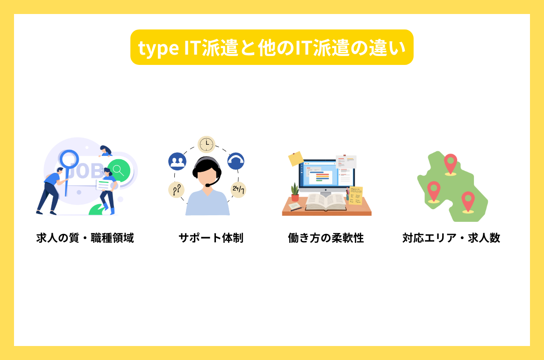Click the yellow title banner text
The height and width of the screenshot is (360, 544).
(272, 48)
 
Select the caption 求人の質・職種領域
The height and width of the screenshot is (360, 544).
(85, 238)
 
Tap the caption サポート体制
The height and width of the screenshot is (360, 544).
(211, 238)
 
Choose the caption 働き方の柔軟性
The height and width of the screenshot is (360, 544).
(326, 238)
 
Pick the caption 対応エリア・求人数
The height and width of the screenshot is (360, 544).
(451, 238)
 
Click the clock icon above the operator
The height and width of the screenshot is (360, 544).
(206, 144)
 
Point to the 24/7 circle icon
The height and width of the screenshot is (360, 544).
(238, 190)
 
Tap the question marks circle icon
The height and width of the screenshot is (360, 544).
(176, 190)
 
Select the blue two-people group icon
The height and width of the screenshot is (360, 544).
(177, 161)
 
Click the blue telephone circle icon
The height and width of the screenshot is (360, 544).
(236, 161)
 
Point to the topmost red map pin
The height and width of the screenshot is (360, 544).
(450, 164)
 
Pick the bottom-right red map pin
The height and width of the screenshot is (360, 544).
(468, 201)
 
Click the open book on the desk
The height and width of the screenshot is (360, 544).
(325, 202)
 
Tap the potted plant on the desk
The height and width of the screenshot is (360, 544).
(295, 192)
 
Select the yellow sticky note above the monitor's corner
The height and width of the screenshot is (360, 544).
(296, 159)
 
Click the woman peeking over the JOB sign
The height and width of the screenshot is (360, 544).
(106, 151)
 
